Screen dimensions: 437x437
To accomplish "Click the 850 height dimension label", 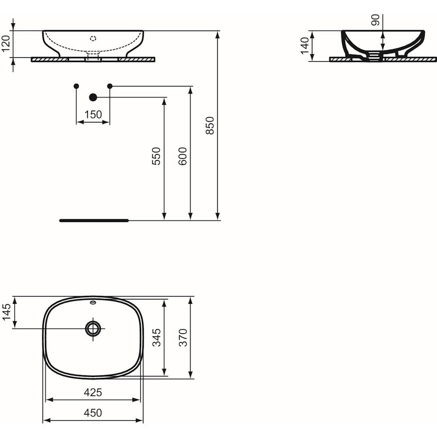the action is pyautogui.click(x=210, y=126).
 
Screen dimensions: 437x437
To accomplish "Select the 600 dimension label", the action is pyautogui.click(x=183, y=156).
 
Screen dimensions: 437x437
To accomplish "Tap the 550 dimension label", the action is pyautogui.click(x=156, y=156).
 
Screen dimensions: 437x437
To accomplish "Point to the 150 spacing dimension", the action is pyautogui.click(x=93, y=114).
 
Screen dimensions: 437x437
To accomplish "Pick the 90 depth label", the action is pyautogui.click(x=375, y=20).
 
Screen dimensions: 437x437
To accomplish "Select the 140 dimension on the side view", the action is pyautogui.click(x=305, y=46).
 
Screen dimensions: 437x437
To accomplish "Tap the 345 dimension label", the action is pyautogui.click(x=156, y=337).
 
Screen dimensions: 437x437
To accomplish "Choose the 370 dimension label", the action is pyautogui.click(x=183, y=337).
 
